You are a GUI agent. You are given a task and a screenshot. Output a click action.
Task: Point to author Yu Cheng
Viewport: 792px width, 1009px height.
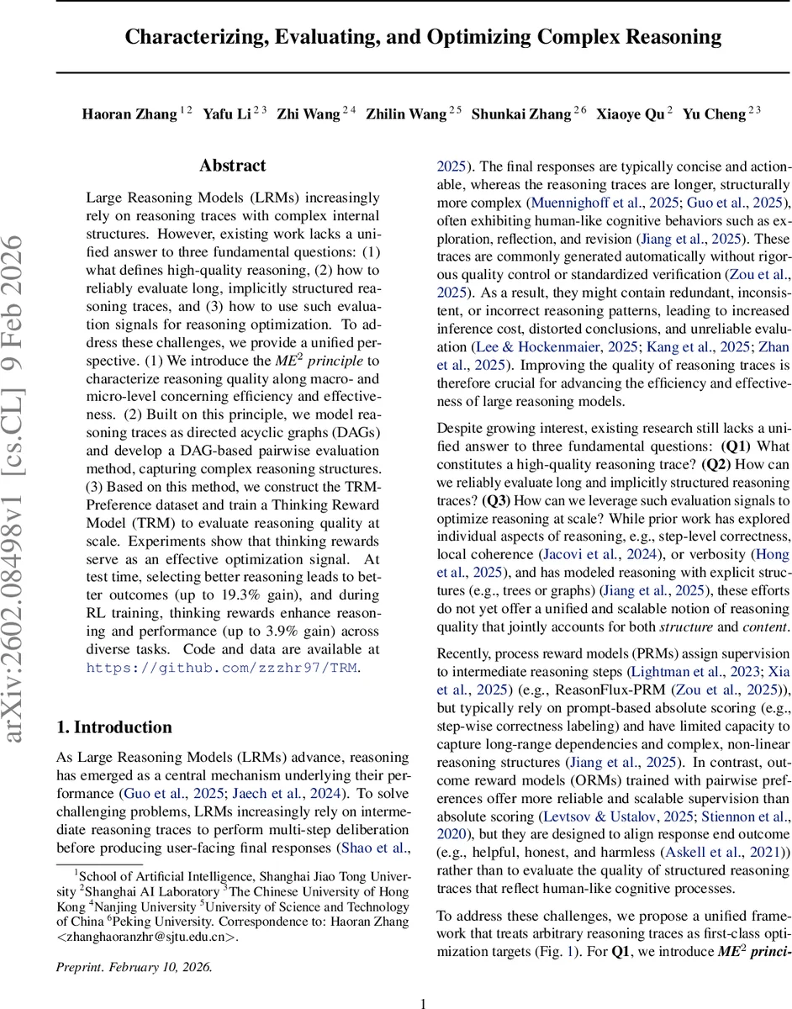[714, 114]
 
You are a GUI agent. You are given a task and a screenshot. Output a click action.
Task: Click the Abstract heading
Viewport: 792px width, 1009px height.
[233, 166]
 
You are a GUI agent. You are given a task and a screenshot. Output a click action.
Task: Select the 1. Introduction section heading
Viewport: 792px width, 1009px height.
[114, 726]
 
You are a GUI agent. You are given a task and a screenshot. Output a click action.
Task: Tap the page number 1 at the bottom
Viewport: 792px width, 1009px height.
[424, 980]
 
